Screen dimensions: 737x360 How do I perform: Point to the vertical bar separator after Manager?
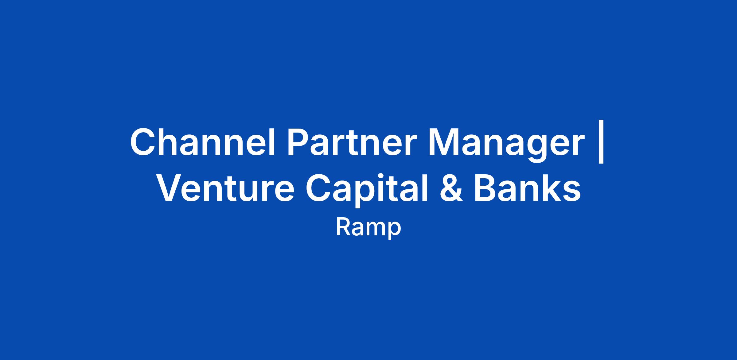[x=601, y=143]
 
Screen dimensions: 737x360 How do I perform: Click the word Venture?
[x=226, y=188]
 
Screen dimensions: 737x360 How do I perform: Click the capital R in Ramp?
[x=343, y=227]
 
